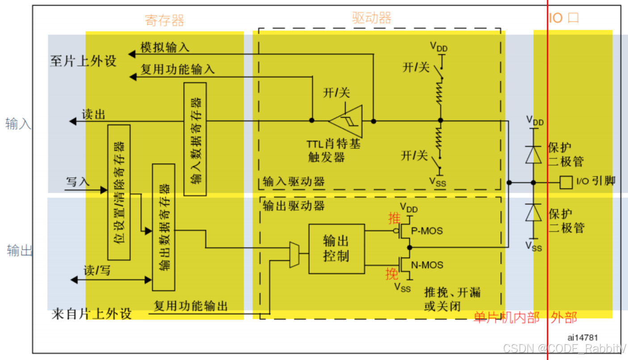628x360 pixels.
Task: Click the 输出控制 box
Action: (336, 249)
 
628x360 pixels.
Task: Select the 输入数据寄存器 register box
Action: (195, 139)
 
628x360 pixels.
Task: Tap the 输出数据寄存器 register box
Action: (164, 227)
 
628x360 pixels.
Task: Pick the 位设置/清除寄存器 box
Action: (119, 192)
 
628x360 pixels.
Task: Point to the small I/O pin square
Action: (566, 182)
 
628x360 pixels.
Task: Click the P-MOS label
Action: (427, 231)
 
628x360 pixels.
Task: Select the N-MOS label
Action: (427, 265)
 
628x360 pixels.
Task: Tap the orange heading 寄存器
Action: (164, 20)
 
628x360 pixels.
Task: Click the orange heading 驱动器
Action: (371, 18)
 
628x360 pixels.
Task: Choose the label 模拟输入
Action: (165, 47)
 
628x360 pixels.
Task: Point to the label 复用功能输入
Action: (177, 69)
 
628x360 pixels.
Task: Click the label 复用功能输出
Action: (191, 306)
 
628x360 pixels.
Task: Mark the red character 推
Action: (394, 219)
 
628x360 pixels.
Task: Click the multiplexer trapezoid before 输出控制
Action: (294, 255)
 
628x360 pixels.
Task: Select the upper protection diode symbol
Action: (533, 155)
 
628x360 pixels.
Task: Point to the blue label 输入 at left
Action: (18, 124)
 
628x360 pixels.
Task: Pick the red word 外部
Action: (564, 318)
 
